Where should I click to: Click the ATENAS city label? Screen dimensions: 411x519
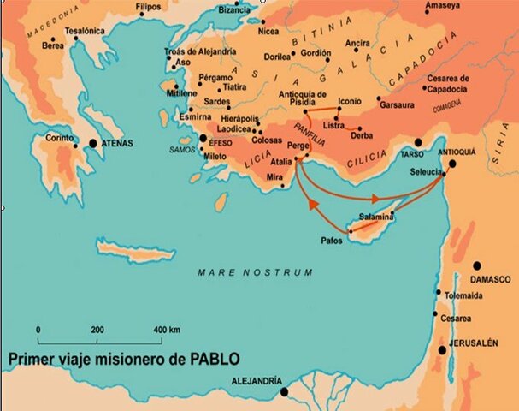[x=119, y=144]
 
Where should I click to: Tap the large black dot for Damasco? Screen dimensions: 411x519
[x=477, y=266]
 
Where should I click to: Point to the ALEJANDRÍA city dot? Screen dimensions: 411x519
[x=284, y=391]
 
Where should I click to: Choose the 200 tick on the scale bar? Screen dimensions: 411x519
[x=97, y=330]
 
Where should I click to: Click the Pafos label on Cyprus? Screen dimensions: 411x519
[x=331, y=241]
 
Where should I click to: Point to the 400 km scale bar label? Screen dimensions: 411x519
[x=167, y=330]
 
